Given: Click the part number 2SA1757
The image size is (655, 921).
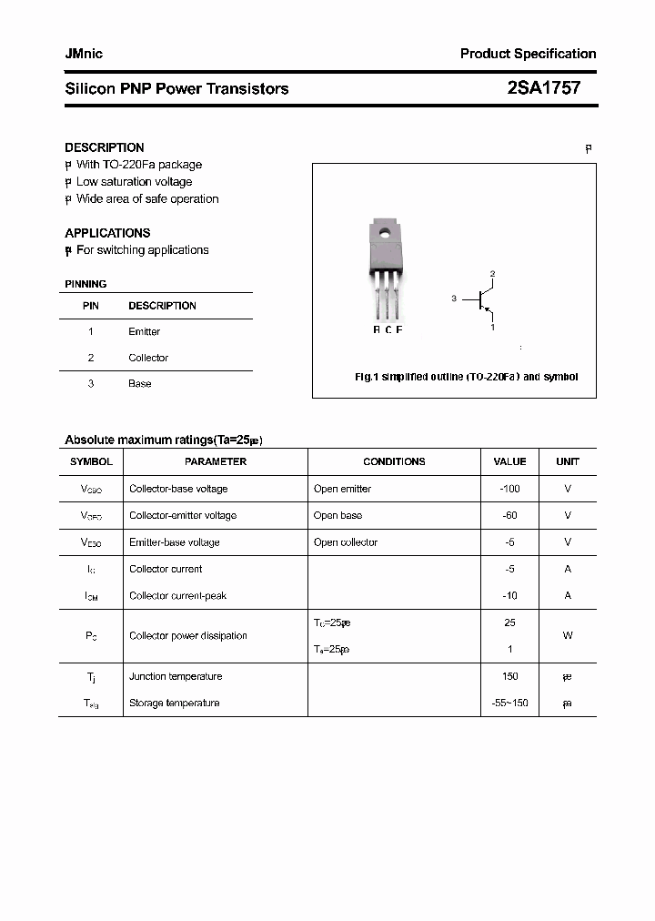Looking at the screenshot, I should point(543,88).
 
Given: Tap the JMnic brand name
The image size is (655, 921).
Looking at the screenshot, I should point(84,54).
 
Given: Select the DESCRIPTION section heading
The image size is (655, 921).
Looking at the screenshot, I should point(105,147).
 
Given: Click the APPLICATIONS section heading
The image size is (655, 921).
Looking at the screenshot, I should point(107,233).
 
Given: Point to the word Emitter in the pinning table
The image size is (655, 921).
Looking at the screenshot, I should point(144,332).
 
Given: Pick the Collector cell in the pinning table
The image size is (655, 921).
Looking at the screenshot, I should point(148,358).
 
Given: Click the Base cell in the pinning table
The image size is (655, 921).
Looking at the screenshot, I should point(140,384).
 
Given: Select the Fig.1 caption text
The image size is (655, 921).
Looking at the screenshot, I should point(466,377).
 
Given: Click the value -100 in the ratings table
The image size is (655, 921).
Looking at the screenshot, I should point(509,489).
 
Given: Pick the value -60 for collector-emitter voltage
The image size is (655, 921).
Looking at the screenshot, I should point(509,515).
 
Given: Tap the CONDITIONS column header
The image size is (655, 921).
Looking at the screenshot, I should point(394,461).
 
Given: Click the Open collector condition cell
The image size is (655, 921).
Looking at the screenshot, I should point(346,542).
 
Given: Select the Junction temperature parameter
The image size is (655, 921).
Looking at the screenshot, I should point(176,676).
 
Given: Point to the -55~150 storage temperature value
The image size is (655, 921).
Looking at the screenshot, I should point(509,703).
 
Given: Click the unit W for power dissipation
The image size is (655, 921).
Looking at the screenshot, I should point(568,636).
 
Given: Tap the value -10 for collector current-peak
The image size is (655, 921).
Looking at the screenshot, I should point(509,596).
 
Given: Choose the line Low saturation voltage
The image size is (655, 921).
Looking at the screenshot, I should point(134,182).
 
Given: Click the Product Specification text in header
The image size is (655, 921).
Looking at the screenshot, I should point(528,54).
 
